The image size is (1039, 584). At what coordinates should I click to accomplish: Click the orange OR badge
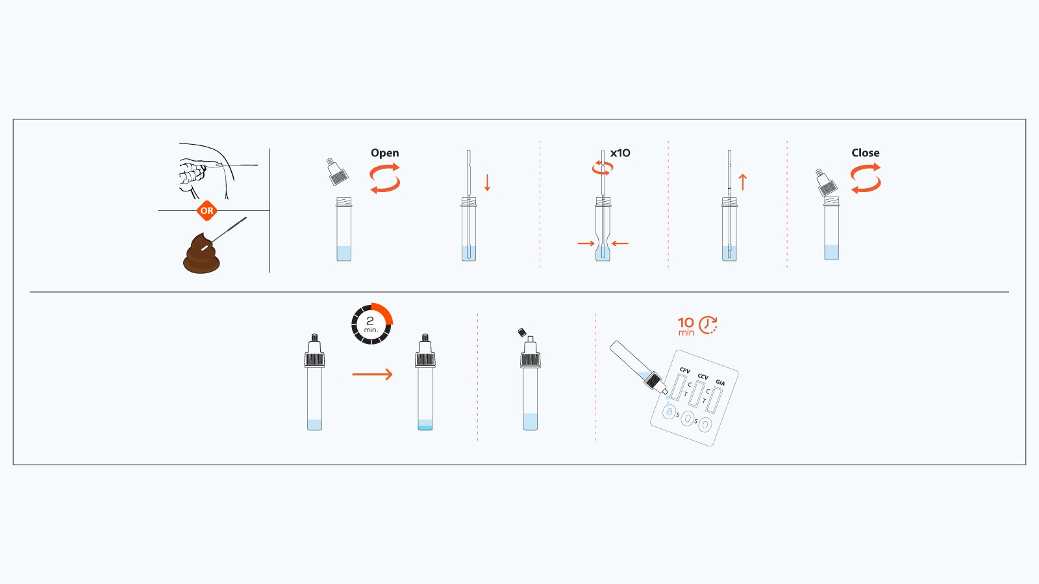point(207,211)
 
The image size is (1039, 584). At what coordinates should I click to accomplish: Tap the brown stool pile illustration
point(201,256)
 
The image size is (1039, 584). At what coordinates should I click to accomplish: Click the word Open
point(384,153)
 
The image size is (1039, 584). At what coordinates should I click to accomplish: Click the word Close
point(865,153)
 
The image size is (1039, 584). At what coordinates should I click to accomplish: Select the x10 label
point(620,153)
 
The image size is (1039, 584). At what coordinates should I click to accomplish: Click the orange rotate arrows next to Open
point(384,178)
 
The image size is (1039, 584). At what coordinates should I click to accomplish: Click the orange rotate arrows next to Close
point(866,178)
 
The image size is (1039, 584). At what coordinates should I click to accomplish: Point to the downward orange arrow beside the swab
point(487,182)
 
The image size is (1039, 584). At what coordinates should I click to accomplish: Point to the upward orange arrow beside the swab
point(743,182)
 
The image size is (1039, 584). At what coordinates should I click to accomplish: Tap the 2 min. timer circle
point(371,324)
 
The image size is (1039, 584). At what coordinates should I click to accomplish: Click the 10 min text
point(686,326)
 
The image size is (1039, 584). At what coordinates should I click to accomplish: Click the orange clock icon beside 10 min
point(708,325)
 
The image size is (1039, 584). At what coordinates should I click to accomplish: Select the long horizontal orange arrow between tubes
point(372,374)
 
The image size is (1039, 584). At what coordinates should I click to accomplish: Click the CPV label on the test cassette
point(684,371)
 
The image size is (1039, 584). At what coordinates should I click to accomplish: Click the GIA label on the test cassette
point(720,383)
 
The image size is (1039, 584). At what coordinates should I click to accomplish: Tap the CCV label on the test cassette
point(703,377)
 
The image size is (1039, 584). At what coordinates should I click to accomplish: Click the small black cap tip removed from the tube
point(521,333)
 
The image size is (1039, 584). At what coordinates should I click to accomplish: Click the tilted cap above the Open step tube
point(337,172)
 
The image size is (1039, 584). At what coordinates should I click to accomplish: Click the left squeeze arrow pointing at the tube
point(586,244)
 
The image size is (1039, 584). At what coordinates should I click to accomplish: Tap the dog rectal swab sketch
point(205,171)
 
